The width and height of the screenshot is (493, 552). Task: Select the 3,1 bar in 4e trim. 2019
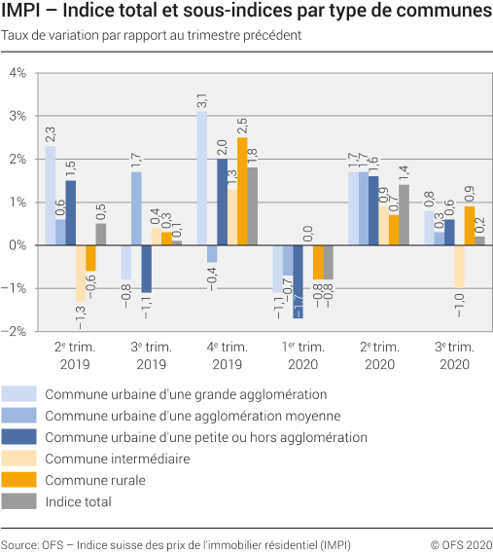pyautogui.click(x=202, y=178)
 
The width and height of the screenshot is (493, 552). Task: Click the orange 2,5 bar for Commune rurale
pyautogui.click(x=242, y=191)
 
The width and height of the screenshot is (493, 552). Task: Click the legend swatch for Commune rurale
pyautogui.click(x=19, y=479)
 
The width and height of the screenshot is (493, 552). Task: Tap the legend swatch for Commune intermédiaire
pyautogui.click(x=19, y=458)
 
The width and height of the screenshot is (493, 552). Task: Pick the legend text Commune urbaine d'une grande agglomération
pyautogui.click(x=185, y=394)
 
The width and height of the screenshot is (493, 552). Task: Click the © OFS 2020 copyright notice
pyautogui.click(x=462, y=543)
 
